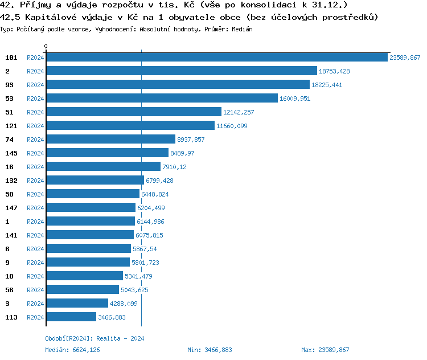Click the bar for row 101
coord(216,58)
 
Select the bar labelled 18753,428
coord(181,71)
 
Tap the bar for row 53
coord(162,99)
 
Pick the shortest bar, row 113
coord(71,317)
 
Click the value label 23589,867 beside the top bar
coord(405,58)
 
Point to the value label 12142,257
coord(239,112)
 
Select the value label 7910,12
coord(174,167)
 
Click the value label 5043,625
coord(134,290)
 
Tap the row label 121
coord(11,126)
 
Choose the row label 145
coord(11,153)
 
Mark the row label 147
coord(11,208)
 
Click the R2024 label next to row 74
coord(35,140)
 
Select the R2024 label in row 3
coord(35,304)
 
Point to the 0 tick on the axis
coord(46,47)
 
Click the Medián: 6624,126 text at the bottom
coord(72,350)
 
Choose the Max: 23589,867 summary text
coord(325,350)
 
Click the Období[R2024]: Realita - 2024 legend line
coord(95,338)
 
